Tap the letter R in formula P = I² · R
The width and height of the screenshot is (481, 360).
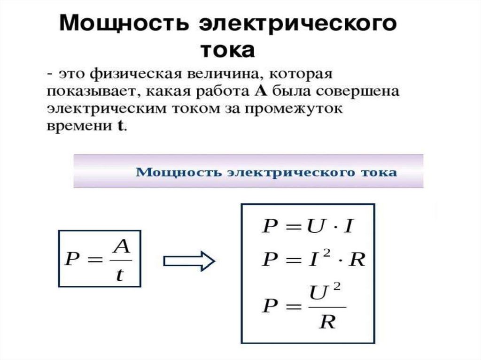tap(357, 260)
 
